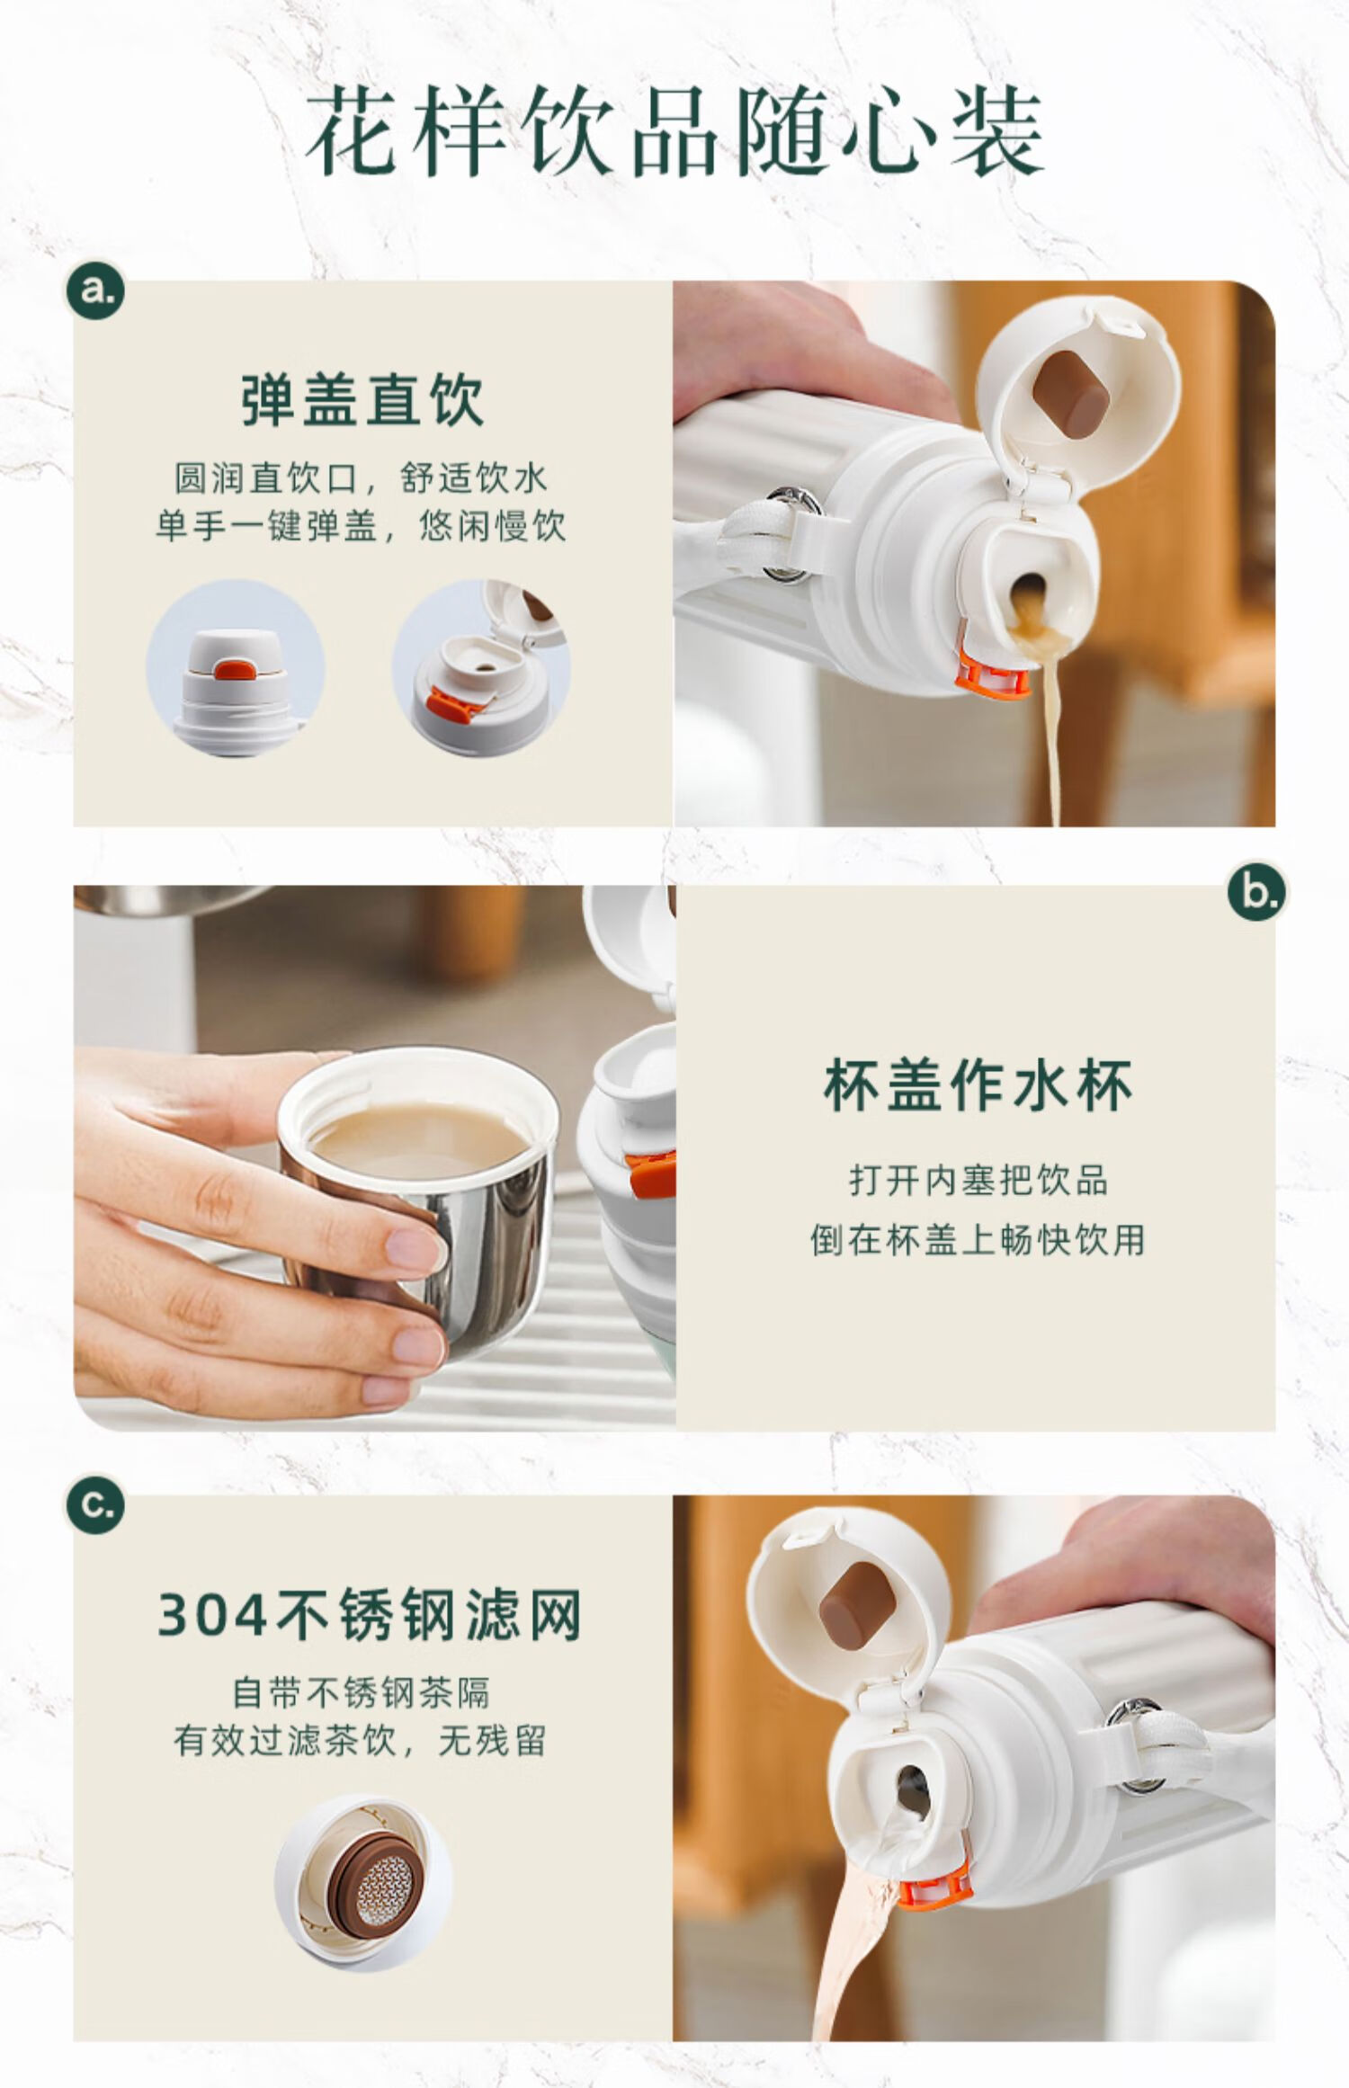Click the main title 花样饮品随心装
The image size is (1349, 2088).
(x=674, y=133)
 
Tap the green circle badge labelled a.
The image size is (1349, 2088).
(x=96, y=290)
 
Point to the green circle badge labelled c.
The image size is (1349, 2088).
(x=95, y=1504)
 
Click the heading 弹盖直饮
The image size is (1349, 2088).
(x=362, y=400)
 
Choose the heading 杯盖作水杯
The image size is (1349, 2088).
(x=977, y=1085)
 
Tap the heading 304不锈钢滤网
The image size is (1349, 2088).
(x=370, y=1615)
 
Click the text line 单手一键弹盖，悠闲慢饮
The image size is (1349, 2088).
(x=361, y=526)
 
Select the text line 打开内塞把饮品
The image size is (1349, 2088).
(x=978, y=1180)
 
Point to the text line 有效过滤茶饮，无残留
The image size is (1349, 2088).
(x=361, y=1742)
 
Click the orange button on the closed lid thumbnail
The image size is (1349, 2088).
(x=235, y=669)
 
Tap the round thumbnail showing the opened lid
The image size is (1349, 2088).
(x=481, y=668)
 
